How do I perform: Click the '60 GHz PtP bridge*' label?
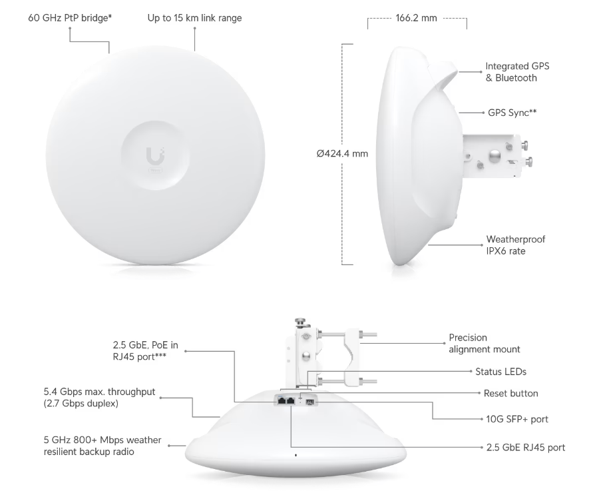click(70, 18)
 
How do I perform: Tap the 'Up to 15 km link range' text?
click(194, 18)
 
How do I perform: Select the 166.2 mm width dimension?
click(416, 18)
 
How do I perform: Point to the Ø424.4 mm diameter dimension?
click(342, 153)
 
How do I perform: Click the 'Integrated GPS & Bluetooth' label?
click(517, 72)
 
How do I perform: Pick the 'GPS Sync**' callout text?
click(512, 113)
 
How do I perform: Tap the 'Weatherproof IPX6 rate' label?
click(516, 245)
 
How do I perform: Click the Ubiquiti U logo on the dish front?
click(155, 155)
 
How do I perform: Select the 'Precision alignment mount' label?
click(485, 343)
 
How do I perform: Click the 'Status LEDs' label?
click(500, 372)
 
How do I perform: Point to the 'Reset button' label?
click(510, 393)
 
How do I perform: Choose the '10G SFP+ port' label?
click(517, 419)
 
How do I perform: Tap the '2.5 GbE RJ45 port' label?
click(525, 447)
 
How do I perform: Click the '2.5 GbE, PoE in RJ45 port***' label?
click(146, 350)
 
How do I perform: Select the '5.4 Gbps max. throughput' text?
click(99, 392)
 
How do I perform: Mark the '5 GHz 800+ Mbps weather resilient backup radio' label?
click(102, 446)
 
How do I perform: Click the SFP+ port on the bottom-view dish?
click(310, 402)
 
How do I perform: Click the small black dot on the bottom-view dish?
click(296, 455)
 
